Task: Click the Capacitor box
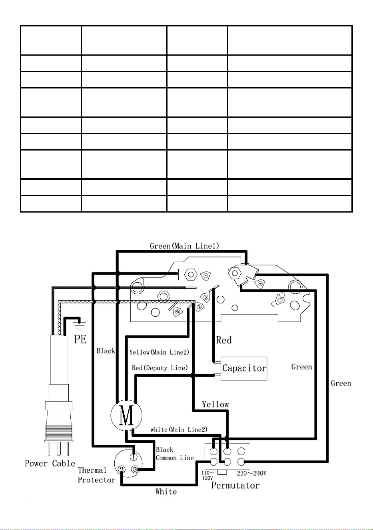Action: (x=244, y=368)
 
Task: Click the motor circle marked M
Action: (x=126, y=415)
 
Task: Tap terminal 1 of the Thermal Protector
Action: (x=134, y=457)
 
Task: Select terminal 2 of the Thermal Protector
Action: (x=122, y=469)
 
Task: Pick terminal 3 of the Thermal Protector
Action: (x=135, y=469)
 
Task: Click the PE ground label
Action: (x=80, y=339)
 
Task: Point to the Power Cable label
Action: (x=50, y=463)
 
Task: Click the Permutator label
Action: (x=235, y=486)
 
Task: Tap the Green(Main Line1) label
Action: (x=184, y=246)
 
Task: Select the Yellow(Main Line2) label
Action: (x=159, y=352)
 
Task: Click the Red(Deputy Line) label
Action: (x=160, y=368)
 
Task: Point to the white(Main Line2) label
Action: (x=179, y=429)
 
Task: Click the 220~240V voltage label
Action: (x=251, y=473)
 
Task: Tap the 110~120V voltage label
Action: (x=208, y=475)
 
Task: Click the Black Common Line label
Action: (x=175, y=454)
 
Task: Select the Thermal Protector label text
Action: (x=96, y=475)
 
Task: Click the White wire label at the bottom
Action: (x=166, y=492)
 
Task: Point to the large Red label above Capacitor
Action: (x=223, y=340)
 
